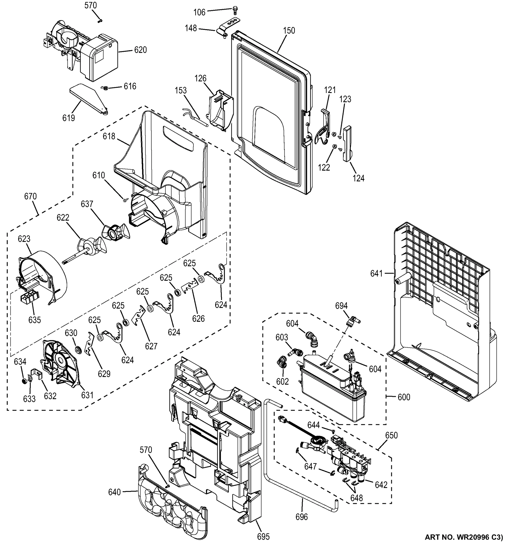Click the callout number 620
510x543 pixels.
click(141, 50)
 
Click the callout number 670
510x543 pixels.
click(30, 197)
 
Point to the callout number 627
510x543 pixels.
click(151, 346)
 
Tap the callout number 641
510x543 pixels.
click(377, 273)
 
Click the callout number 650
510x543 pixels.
click(391, 435)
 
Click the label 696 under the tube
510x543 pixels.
click(302, 517)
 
